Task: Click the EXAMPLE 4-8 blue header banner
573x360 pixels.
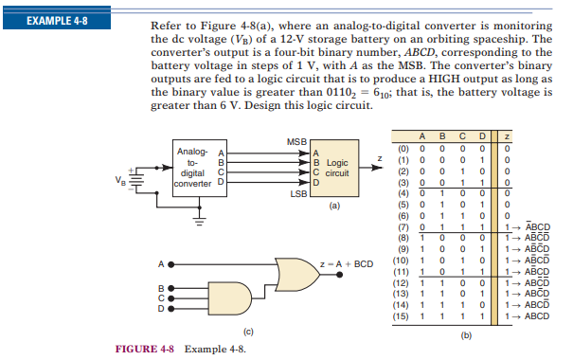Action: coord(57,18)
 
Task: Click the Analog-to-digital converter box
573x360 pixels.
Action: coord(200,168)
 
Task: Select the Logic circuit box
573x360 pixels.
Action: coord(334,168)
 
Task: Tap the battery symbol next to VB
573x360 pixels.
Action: coord(135,180)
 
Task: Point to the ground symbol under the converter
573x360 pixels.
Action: coord(199,222)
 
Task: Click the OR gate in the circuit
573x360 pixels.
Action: coord(297,275)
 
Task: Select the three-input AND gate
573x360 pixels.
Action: coord(230,298)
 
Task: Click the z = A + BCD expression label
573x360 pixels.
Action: coord(347,264)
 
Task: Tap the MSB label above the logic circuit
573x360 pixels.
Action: coord(296,142)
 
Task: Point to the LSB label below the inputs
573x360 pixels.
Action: coord(298,194)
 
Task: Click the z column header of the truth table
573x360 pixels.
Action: coord(507,136)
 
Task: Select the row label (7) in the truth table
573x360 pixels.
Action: coord(403,227)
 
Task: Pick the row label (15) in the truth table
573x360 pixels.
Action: coord(401,316)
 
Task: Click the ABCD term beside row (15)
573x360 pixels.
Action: coord(537,316)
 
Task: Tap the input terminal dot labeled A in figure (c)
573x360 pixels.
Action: coord(170,264)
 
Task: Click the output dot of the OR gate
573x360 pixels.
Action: coord(339,275)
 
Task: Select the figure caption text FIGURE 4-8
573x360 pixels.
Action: coord(145,349)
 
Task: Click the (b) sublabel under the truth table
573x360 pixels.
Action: coord(466,335)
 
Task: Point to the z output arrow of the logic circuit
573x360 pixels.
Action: coord(370,168)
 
